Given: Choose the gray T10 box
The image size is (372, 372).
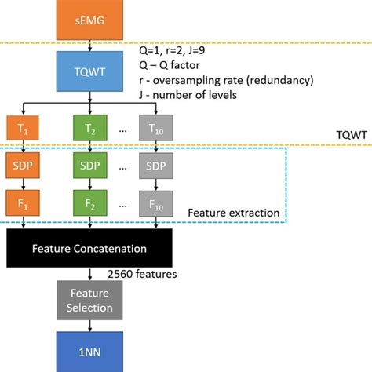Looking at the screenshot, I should (x=157, y=128).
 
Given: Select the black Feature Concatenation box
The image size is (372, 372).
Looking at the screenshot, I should (x=89, y=249).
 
